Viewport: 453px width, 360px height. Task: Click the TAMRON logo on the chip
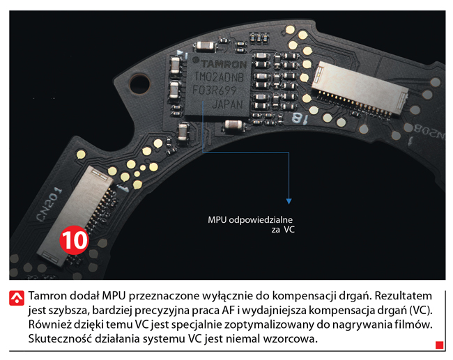(222, 64)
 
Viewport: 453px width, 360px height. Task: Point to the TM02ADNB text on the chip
(219, 77)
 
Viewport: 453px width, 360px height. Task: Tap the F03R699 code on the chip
(215, 91)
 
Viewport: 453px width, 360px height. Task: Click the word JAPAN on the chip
(228, 104)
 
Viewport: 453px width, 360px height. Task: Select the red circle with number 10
(74, 240)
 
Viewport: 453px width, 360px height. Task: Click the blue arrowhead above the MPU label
(289, 201)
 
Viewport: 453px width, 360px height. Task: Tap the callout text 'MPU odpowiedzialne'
(250, 220)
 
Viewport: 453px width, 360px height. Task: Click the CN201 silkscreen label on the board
(49, 205)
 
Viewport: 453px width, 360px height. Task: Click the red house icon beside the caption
(17, 298)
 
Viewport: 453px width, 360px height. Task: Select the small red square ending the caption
(440, 345)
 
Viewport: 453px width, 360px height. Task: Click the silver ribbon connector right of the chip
(360, 88)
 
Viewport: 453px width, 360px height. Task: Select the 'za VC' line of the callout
(283, 230)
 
